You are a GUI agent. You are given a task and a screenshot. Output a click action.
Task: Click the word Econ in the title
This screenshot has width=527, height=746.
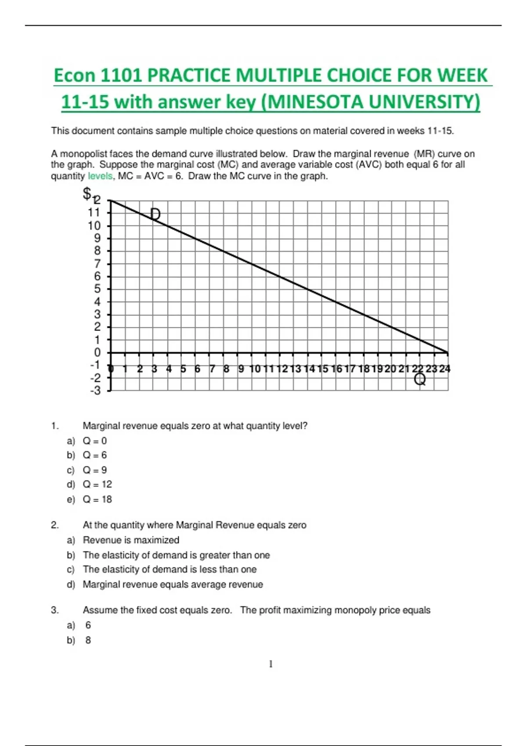(x=74, y=75)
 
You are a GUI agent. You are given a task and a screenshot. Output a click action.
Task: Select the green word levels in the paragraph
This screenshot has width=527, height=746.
(x=101, y=176)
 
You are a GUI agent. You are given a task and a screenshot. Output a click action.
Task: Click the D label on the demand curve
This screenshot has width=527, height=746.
(x=155, y=214)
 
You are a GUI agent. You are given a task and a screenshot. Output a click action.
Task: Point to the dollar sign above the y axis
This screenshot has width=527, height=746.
(x=87, y=193)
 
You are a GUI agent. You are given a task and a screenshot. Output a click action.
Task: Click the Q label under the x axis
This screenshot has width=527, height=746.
(x=420, y=379)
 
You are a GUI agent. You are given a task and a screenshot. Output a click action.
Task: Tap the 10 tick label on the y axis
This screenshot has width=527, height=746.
(x=94, y=226)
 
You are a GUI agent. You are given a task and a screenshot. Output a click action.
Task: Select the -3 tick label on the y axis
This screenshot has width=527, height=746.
(x=95, y=390)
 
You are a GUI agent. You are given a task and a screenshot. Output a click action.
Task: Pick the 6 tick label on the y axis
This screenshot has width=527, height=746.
(x=97, y=276)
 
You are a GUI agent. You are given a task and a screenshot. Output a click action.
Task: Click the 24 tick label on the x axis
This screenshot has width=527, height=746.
(x=444, y=369)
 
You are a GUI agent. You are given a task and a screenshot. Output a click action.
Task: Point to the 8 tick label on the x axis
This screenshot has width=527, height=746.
(x=226, y=369)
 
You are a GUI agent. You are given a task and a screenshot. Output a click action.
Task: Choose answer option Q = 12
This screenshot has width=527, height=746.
(x=97, y=484)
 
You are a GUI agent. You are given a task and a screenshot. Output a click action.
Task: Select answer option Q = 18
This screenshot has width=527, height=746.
(x=97, y=499)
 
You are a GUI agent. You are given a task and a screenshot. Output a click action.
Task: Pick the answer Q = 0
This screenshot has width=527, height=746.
(x=95, y=441)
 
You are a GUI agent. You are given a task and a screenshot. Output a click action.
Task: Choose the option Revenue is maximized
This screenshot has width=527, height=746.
(x=131, y=540)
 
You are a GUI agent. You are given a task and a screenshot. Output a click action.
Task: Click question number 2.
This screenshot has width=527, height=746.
(x=54, y=525)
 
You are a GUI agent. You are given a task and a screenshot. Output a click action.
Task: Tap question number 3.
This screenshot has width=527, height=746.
(x=54, y=610)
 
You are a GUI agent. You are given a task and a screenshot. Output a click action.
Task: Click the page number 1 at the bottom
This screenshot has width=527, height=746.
(x=271, y=664)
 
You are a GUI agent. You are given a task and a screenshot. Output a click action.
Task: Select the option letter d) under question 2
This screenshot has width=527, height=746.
(x=71, y=585)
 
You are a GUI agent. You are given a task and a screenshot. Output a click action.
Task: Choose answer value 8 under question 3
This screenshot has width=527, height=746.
(x=88, y=640)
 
